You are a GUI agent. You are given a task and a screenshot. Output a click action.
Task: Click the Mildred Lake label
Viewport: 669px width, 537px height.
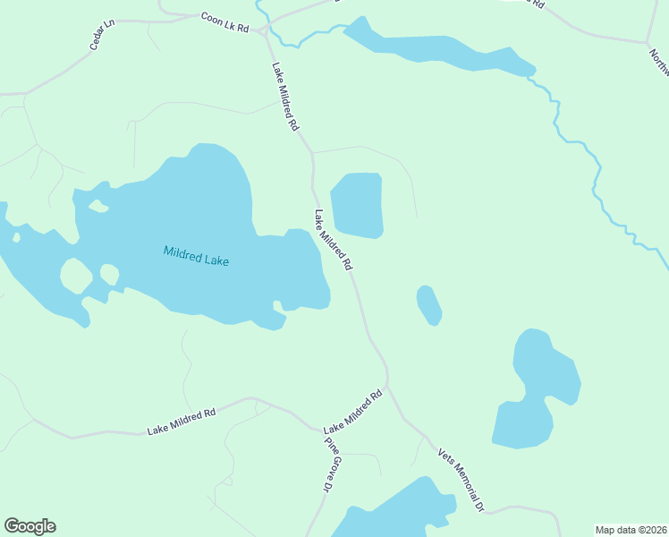coord(196,256)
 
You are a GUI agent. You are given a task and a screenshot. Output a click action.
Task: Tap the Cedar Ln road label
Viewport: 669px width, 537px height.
coord(104,37)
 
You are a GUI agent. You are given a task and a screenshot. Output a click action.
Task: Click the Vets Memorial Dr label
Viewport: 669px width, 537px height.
coord(461,480)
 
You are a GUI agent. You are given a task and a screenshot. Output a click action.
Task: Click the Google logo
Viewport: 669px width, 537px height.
coord(30,526)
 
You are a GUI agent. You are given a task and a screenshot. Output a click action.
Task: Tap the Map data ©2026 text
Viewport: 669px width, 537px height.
coord(631,530)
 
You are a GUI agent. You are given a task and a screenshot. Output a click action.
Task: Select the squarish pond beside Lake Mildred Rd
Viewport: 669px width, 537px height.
coord(358,205)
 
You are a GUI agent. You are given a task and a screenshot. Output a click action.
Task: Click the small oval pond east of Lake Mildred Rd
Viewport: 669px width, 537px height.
coord(428,305)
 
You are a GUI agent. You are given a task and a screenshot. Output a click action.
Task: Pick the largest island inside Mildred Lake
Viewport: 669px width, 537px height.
coord(75,276)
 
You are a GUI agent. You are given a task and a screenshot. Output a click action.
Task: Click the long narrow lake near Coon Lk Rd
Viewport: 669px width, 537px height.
coord(438,52)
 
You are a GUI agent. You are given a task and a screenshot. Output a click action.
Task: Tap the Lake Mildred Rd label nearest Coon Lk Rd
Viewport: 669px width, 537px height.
coord(284,97)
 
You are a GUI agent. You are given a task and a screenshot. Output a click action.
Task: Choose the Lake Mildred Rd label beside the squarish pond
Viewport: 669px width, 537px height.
coord(333,241)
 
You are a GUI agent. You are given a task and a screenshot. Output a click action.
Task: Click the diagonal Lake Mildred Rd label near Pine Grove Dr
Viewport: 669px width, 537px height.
coord(352,412)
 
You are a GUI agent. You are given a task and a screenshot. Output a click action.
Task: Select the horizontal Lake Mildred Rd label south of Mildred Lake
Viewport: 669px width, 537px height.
coord(182,422)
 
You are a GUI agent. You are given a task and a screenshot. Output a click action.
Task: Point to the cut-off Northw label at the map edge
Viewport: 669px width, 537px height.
coord(659,63)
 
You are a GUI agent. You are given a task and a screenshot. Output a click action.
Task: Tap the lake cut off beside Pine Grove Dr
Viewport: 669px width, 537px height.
coord(394,515)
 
